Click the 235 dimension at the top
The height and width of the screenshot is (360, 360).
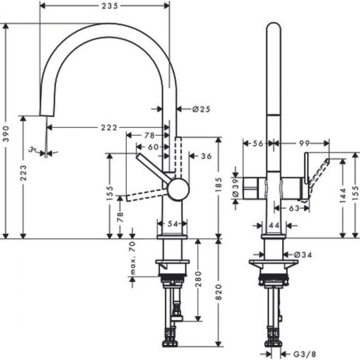105,6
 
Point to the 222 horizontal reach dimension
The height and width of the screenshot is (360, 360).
109,127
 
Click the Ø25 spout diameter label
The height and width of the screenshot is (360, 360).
201,109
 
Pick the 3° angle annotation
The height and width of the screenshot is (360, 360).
33,151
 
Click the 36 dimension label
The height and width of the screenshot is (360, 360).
206,155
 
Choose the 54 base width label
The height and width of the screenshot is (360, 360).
172,224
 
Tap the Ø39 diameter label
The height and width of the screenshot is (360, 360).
236,187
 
